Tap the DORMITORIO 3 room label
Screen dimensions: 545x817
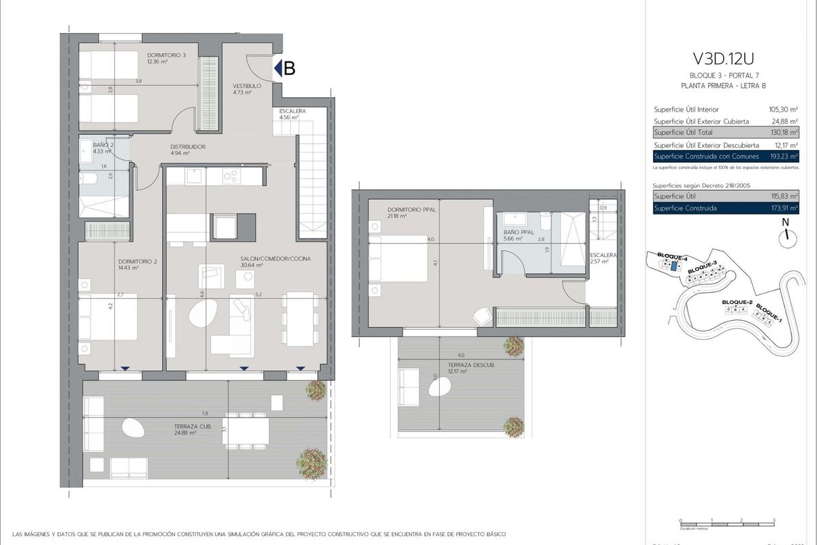pos(166,55)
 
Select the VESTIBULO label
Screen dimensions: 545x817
pos(247,87)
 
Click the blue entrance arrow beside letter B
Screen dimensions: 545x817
pos(278,68)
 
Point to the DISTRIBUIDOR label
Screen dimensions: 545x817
pos(188,146)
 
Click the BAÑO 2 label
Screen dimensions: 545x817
pos(103,145)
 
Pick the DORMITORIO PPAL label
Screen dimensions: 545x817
pos(411,210)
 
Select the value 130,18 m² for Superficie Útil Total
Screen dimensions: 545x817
pos(783,132)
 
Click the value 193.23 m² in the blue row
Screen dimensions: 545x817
pos(783,157)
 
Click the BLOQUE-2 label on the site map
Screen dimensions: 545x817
pos(736,302)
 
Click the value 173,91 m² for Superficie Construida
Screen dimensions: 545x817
pos(783,208)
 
